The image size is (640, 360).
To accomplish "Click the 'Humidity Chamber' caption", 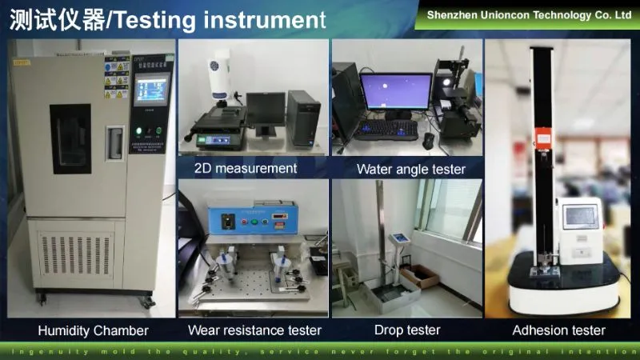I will coord(94,330).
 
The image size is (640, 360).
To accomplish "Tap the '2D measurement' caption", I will coord(245,168).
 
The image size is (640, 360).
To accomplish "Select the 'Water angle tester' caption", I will coord(410,169).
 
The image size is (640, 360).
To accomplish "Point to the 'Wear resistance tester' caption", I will coord(254,330).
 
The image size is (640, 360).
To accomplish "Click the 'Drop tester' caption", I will coord(406,330).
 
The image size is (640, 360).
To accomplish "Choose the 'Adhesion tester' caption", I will coord(558,330).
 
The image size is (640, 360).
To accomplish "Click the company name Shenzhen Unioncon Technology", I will coord(529,14).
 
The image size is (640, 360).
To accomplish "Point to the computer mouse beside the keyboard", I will coord(429,140).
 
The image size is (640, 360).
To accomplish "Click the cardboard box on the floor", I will coord(420,276).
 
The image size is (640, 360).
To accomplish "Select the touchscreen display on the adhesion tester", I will coord(580,217).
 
